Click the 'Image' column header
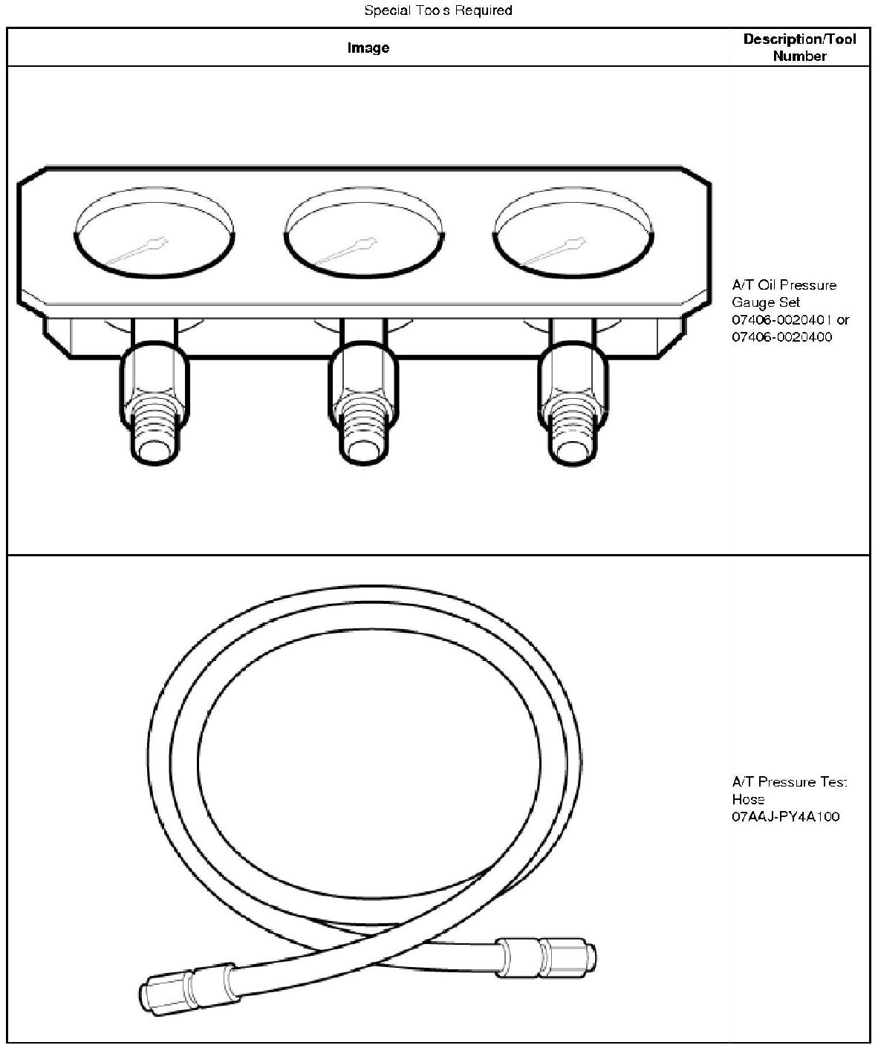point(368,48)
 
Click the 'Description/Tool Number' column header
point(799,48)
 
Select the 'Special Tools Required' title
point(438,10)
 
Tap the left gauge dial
point(154,232)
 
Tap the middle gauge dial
point(365,232)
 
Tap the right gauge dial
point(573,232)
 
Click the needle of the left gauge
point(137,250)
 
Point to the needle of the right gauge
point(555,250)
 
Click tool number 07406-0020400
point(781,336)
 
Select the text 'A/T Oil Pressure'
point(784,285)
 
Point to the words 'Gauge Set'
point(766,302)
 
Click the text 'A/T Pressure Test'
point(789,781)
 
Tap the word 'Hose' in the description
point(748,798)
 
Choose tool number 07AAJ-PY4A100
point(785,816)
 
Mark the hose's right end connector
point(546,957)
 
